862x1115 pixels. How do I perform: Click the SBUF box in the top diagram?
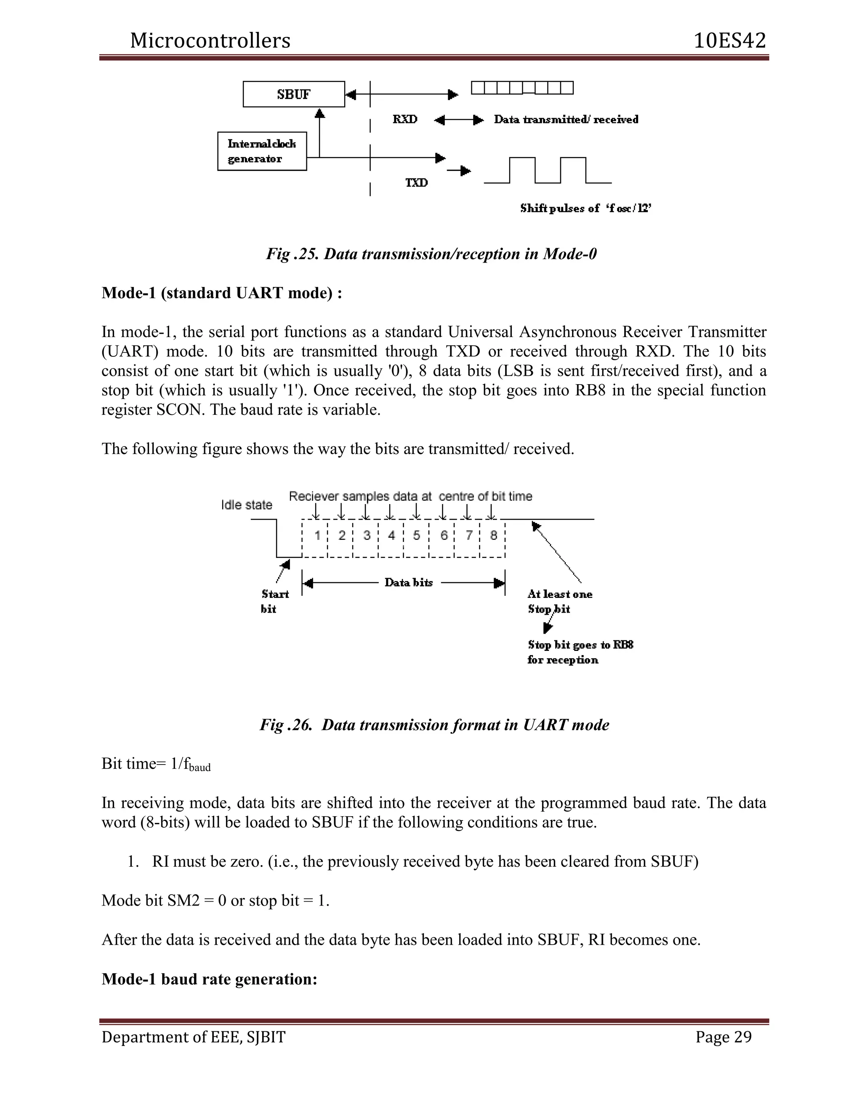(294, 94)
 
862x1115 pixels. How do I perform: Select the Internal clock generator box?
(262, 151)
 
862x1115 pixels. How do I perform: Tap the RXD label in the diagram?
(405, 119)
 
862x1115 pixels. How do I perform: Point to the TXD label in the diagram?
(417, 183)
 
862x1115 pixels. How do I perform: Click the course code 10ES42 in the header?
(730, 41)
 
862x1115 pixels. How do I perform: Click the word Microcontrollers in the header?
(210, 41)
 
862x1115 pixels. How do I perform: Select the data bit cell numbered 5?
(417, 536)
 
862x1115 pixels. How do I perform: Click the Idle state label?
(247, 505)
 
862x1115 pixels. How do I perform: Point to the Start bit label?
(275, 601)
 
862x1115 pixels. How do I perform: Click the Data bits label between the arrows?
(409, 582)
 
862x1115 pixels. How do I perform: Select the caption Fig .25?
(431, 254)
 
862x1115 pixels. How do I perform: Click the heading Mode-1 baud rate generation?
(209, 979)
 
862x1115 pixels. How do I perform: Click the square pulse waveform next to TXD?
(548, 171)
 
